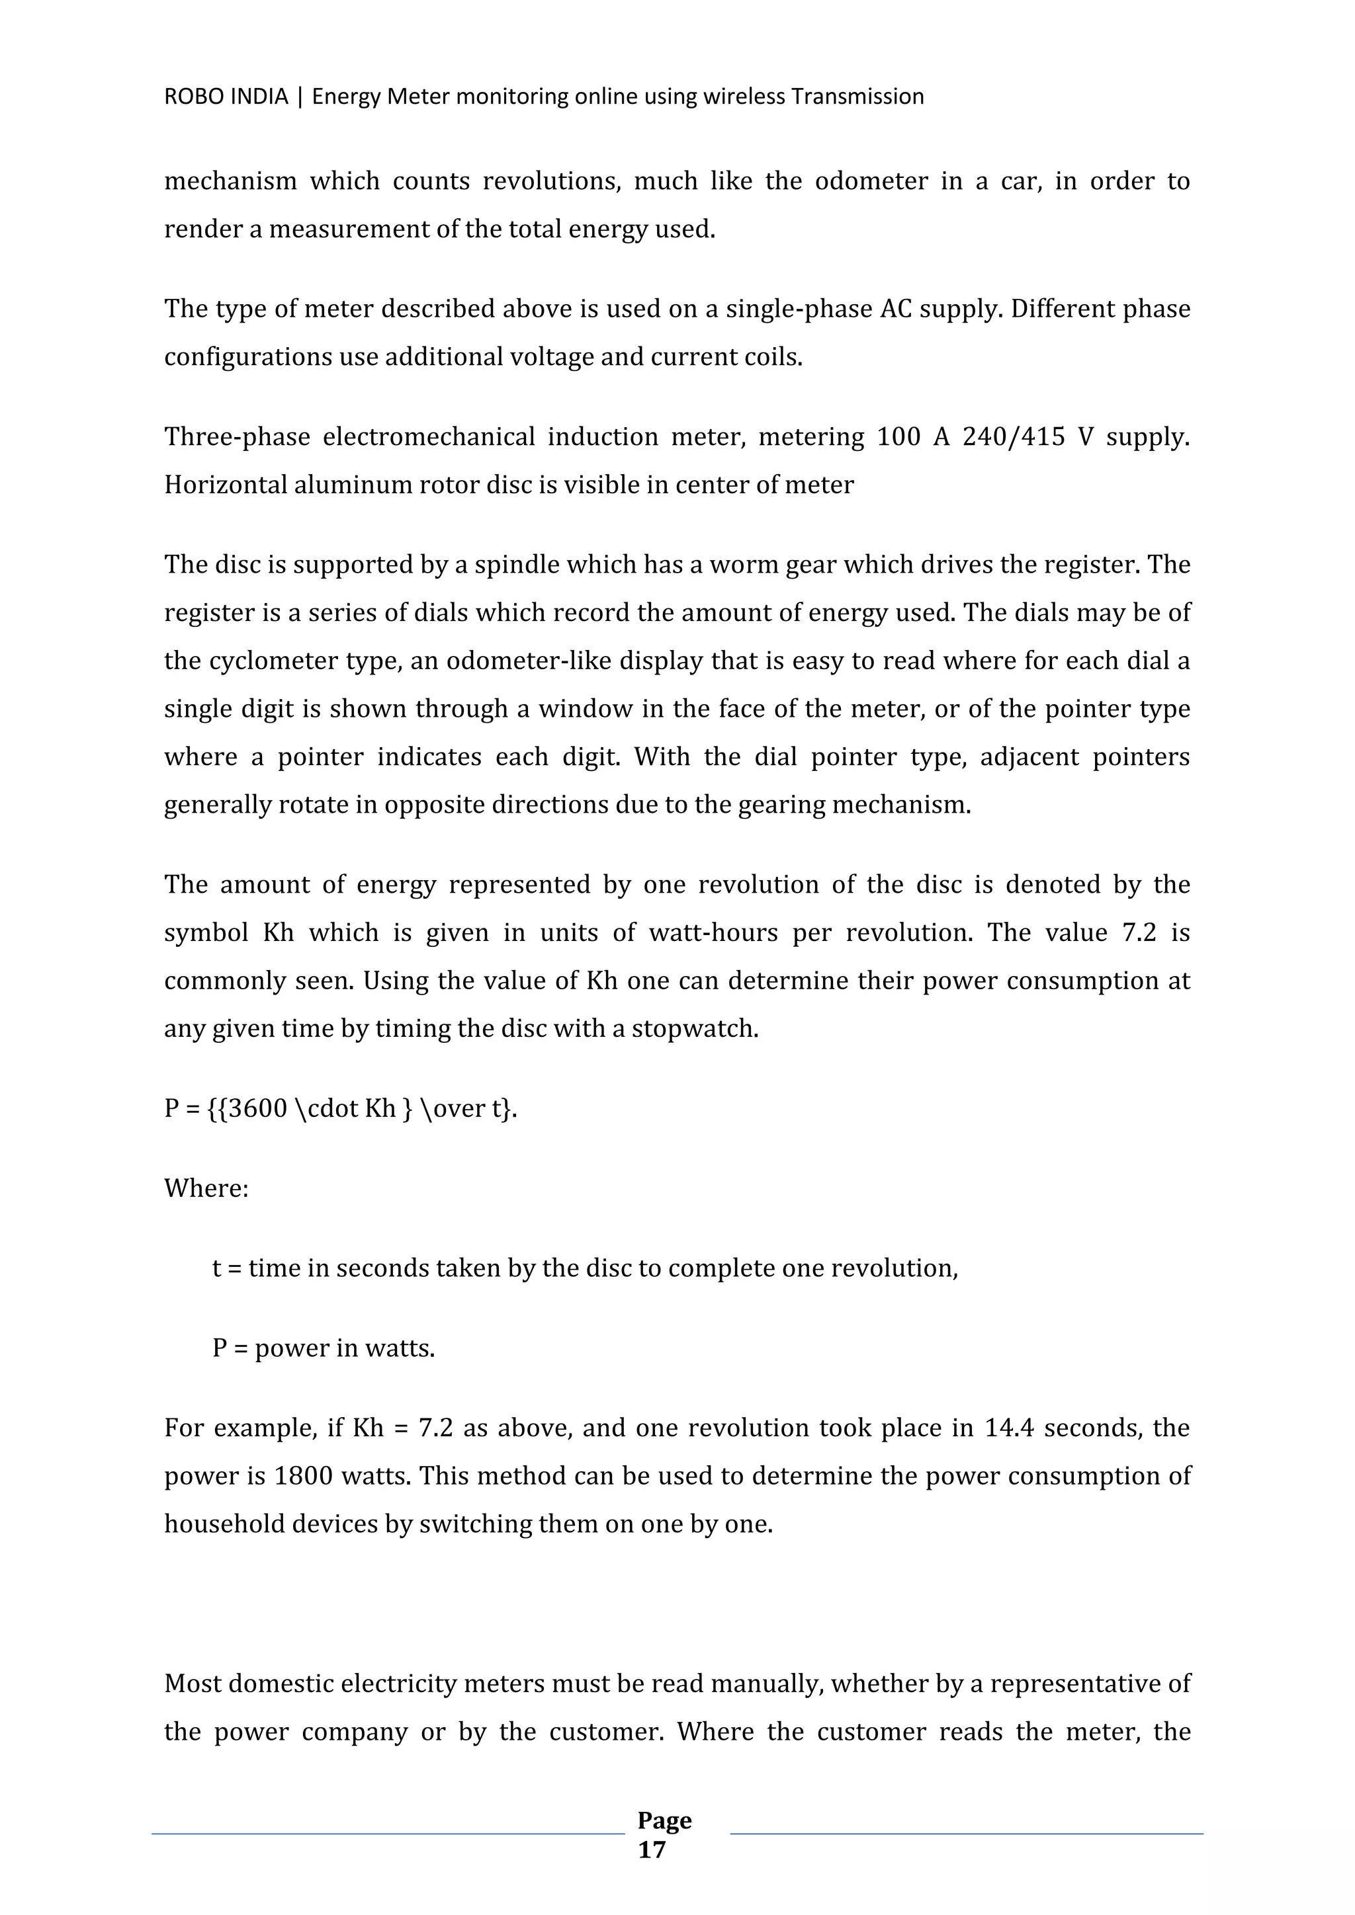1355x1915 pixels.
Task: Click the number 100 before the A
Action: [x=898, y=437]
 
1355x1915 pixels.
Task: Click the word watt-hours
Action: [x=713, y=932]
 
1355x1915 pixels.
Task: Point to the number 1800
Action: [x=304, y=1477]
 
